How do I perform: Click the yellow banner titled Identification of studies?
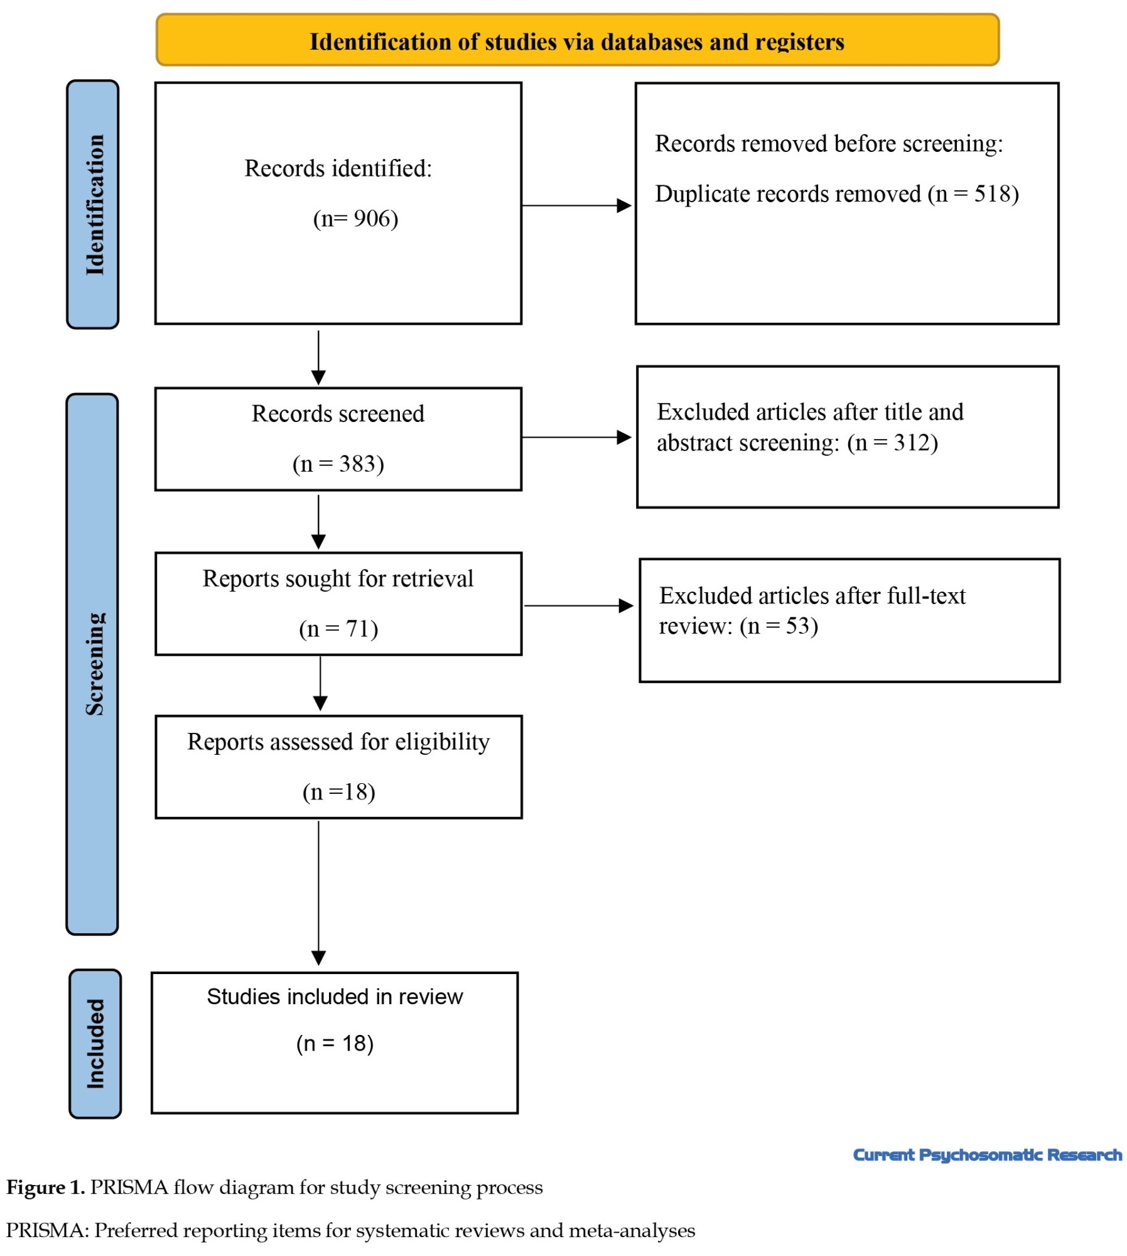tap(577, 40)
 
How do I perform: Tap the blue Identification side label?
tap(93, 204)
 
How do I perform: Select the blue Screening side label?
tap(92, 664)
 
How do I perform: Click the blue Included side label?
tap(95, 1043)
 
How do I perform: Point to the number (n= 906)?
tap(355, 219)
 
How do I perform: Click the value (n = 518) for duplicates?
tap(973, 193)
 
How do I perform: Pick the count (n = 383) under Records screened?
tap(338, 463)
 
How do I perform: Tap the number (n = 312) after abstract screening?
tap(892, 443)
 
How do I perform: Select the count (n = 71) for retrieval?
tap(338, 628)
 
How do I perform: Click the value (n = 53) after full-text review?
tap(779, 625)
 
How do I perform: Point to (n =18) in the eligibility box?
tap(338, 791)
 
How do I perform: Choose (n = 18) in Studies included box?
tap(335, 1043)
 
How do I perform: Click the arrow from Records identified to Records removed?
tap(576, 205)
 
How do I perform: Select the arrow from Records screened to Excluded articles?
tap(576, 437)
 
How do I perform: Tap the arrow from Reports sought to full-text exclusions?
tap(578, 605)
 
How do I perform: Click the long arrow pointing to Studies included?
tap(318, 892)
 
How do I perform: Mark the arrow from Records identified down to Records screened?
tap(318, 357)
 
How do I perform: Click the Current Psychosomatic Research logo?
tap(987, 1154)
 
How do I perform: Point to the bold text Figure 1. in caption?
tap(45, 1188)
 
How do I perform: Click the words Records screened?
tap(338, 414)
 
